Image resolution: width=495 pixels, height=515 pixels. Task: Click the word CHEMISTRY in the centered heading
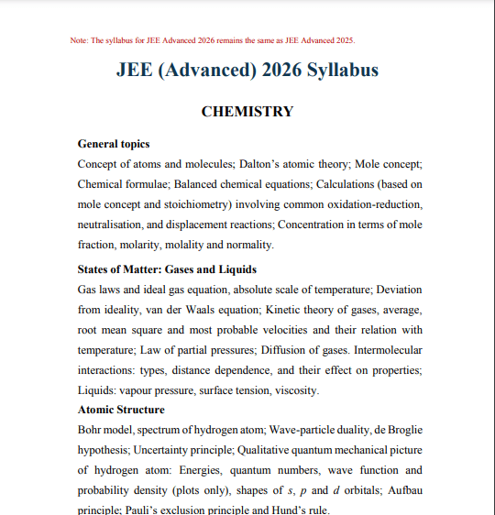[x=247, y=112]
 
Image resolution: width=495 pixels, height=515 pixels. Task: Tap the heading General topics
[x=114, y=144]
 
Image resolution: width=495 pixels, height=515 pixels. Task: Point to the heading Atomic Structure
[x=121, y=410]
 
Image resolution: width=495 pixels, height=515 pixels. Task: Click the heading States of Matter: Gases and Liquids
[x=167, y=269]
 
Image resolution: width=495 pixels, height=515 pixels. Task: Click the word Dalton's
[x=263, y=164]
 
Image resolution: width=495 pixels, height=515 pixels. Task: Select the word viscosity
[x=293, y=390]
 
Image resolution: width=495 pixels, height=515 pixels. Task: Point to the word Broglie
[x=401, y=430]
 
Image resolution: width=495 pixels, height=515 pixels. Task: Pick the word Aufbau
[x=401, y=490]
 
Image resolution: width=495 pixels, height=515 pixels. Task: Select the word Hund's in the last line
[x=279, y=510]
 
